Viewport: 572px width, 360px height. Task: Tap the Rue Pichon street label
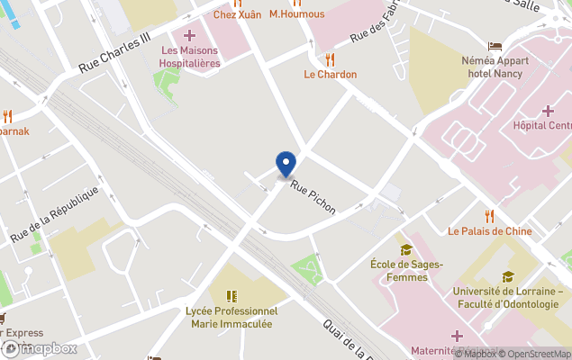click(313, 196)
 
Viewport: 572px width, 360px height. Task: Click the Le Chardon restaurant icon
click(330, 59)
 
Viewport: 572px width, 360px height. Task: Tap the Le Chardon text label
click(330, 75)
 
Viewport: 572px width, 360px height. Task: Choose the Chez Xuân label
click(236, 14)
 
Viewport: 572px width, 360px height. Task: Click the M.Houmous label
click(296, 14)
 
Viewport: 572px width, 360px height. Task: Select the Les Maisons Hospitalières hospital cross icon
click(189, 35)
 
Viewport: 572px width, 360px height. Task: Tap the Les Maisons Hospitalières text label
click(189, 57)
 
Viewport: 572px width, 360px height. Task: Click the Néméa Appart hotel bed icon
click(495, 46)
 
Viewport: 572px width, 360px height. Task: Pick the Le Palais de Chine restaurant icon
click(490, 216)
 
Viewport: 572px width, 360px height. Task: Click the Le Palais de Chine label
click(490, 231)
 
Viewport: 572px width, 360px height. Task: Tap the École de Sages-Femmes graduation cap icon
click(406, 249)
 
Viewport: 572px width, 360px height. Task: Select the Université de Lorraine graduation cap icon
click(508, 276)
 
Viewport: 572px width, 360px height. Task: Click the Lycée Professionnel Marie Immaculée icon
click(232, 295)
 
